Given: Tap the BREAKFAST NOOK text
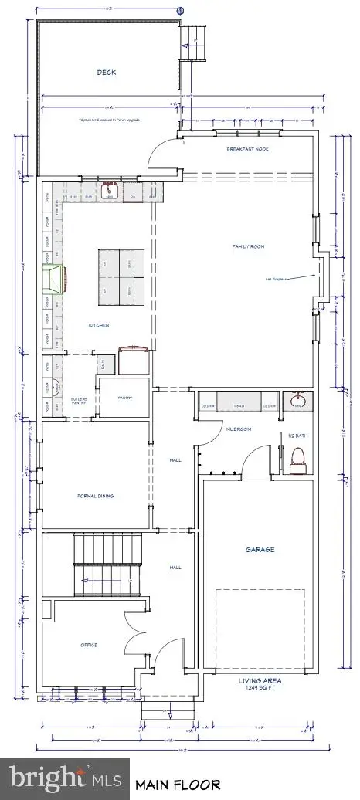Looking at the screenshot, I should [246, 149].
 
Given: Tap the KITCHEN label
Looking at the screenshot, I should [98, 325].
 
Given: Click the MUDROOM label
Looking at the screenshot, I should [235, 429].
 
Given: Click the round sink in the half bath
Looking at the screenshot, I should [296, 402].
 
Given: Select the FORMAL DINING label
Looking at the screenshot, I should [96, 496].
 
